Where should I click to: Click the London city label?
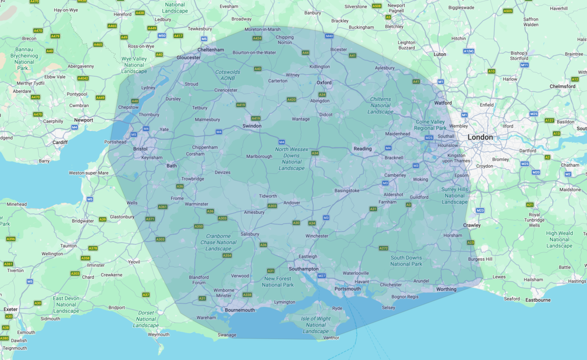click(x=480, y=137)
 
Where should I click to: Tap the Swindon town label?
click(x=252, y=126)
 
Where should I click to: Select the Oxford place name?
click(x=324, y=83)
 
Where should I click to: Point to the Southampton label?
click(x=303, y=269)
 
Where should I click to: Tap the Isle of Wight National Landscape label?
click(x=316, y=325)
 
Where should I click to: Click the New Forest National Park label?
click(x=278, y=281)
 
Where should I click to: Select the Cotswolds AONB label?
click(x=227, y=75)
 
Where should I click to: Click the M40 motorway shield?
click(x=329, y=36)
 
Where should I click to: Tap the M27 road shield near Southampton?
click(x=321, y=276)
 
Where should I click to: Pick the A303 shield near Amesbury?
click(x=272, y=206)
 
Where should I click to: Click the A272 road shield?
click(x=384, y=248)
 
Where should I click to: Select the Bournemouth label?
click(x=240, y=310)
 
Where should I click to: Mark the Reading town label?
click(x=362, y=149)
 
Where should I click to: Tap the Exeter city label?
click(x=10, y=309)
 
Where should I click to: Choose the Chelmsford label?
click(x=563, y=87)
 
